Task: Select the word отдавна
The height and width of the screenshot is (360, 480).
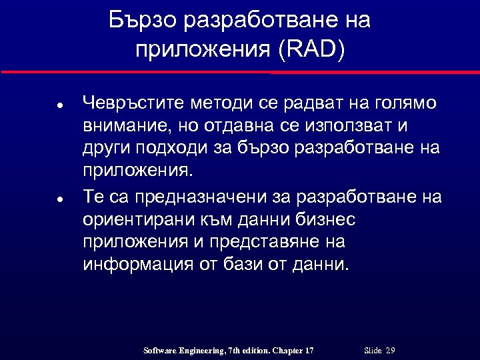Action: point(241,125)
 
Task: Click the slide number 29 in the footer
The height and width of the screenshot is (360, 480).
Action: point(391,351)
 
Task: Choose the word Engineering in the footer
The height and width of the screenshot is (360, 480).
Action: point(202,351)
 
